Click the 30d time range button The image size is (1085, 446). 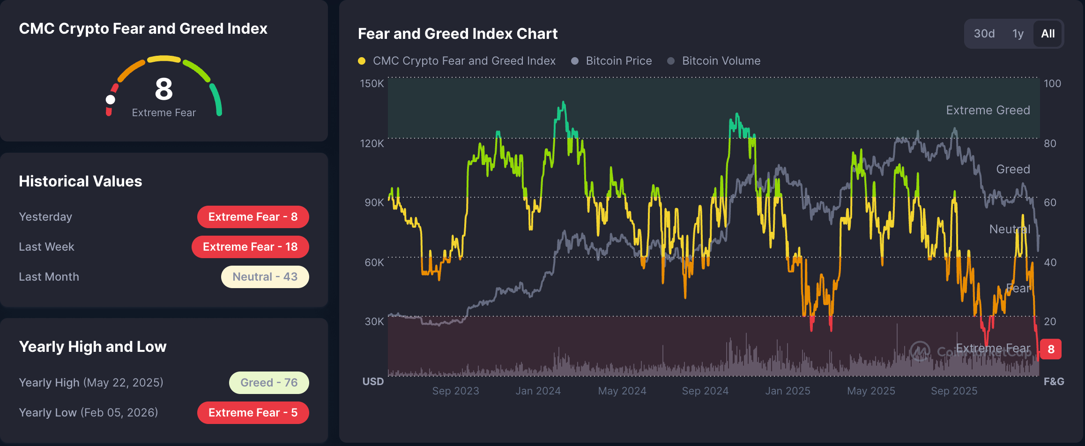tap(984, 34)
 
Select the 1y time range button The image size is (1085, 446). tap(1018, 34)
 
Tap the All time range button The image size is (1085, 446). tap(1048, 34)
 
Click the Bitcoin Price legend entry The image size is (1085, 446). tap(618, 61)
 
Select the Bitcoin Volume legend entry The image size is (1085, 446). tap(721, 61)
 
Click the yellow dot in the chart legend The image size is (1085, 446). tap(362, 61)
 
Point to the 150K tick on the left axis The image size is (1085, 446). tap(372, 83)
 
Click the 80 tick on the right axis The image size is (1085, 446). tap(1050, 143)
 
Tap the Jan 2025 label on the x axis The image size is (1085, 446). tap(788, 391)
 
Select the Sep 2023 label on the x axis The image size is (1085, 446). tap(455, 391)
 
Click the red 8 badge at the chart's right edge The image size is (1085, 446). tap(1051, 349)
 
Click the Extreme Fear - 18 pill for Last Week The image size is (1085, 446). tap(250, 247)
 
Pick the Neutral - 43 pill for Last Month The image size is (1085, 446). tap(265, 277)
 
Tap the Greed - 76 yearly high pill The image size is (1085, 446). tap(269, 383)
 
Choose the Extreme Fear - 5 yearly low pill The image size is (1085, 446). tap(253, 413)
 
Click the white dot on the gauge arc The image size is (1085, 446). tap(111, 99)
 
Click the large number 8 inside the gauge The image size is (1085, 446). tap(164, 89)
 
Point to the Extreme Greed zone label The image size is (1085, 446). tap(988, 110)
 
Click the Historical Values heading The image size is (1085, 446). tap(80, 181)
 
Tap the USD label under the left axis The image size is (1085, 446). tap(373, 381)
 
